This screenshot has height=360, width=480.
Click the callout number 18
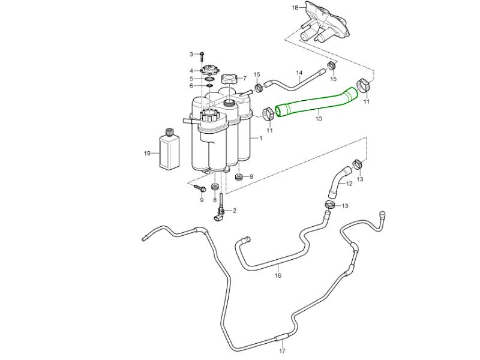[295, 8]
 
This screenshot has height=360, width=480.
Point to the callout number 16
[278, 276]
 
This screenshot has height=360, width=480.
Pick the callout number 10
[319, 119]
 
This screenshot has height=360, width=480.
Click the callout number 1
[260, 138]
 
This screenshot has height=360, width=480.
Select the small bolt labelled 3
[202, 55]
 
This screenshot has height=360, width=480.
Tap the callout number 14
[299, 74]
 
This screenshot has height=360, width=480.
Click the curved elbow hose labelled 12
[336, 182]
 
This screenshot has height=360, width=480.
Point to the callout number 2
[234, 211]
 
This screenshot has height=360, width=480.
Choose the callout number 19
[147, 154]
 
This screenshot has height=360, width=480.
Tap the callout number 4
[191, 71]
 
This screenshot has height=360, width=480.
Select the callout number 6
[191, 86]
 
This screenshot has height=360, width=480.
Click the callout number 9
[202, 200]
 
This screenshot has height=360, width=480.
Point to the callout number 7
[244, 78]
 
